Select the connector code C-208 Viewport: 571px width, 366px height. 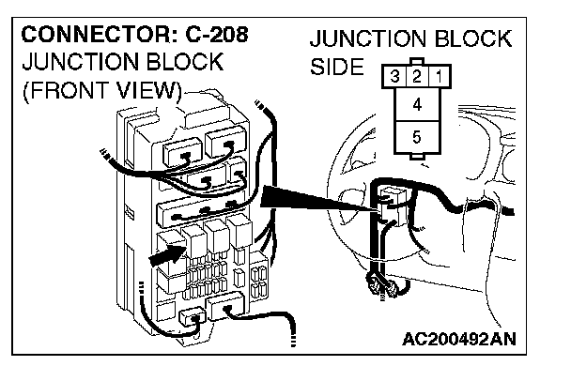pos(217,35)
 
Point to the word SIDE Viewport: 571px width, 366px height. pos(337,67)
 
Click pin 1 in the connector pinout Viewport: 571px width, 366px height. pos(440,76)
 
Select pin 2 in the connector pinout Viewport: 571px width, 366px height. pos(417,76)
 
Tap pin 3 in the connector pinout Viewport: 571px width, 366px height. pos(394,76)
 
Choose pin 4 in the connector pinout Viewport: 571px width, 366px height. pos(417,105)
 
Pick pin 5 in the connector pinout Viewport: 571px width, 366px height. pos(417,137)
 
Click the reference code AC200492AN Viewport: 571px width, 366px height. pos(459,340)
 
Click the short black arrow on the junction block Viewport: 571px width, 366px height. pos(167,255)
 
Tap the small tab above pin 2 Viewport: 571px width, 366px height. pos(417,61)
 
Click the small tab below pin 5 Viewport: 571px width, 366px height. pos(417,157)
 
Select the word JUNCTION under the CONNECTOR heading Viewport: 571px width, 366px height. pos(80,62)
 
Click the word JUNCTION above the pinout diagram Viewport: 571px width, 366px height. pos(368,38)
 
